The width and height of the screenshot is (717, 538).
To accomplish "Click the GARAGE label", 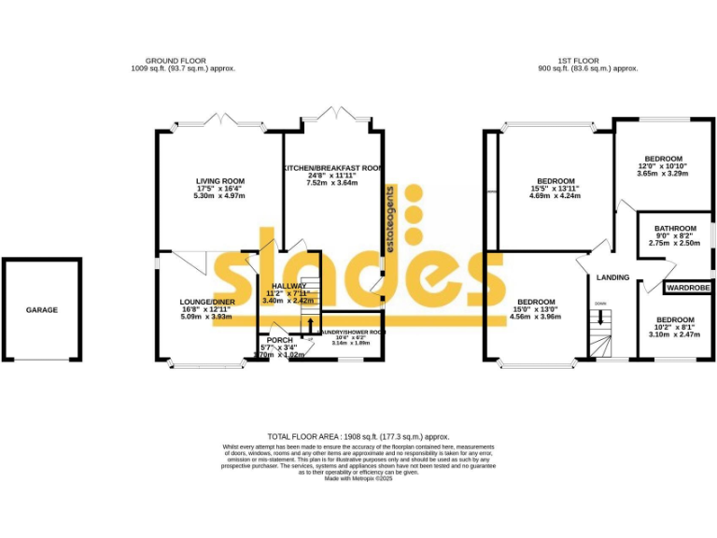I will [41, 310].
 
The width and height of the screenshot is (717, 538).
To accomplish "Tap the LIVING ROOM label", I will [220, 181].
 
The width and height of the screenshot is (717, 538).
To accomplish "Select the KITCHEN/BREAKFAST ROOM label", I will [332, 168].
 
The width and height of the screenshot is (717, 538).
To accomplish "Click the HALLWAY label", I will [288, 286].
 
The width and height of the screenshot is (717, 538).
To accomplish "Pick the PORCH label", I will [280, 340].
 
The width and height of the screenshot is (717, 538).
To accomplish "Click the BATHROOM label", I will [674, 229].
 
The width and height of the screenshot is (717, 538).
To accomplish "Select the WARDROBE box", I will [688, 289].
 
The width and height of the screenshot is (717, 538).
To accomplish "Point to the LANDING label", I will [613, 277].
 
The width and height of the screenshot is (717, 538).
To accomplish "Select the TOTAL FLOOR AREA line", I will [358, 436].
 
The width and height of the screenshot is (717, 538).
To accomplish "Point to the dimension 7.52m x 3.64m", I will [332, 183].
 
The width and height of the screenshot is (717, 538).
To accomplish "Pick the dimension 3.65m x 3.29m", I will [662, 174].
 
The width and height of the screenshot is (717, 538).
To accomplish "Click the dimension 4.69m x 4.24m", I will [555, 196].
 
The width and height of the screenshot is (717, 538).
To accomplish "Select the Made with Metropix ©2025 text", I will [358, 478].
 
